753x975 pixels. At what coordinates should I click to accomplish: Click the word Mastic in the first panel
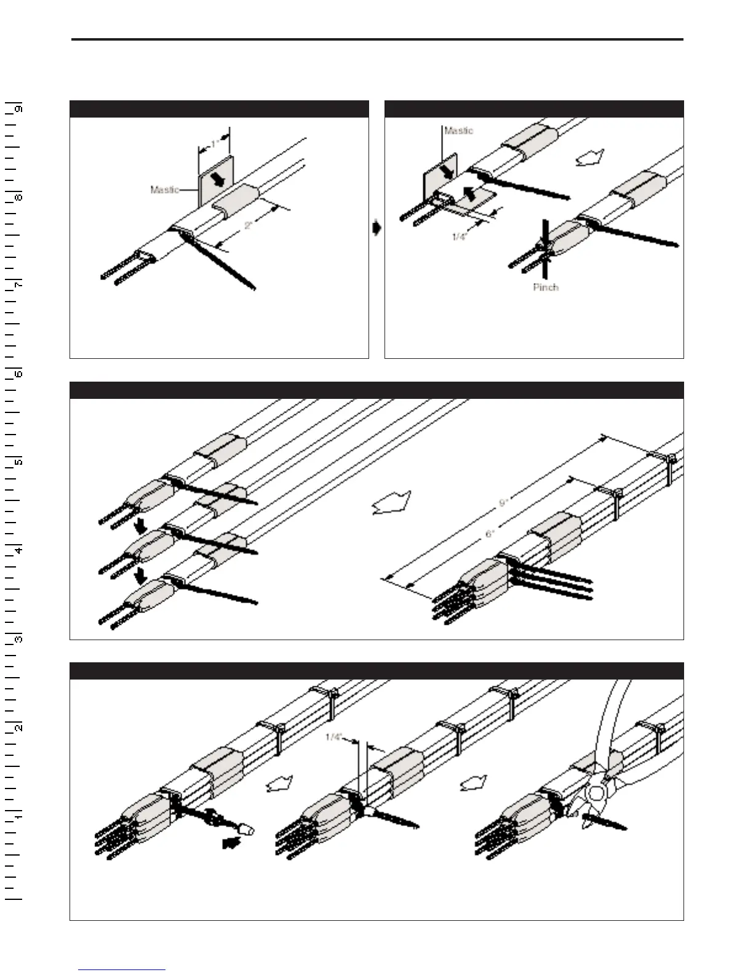coord(164,190)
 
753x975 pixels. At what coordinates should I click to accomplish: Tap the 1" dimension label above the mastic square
coord(214,144)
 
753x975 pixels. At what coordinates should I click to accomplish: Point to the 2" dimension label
coord(249,225)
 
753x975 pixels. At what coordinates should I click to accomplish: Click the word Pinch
coord(546,287)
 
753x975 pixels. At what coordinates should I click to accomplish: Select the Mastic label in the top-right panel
coord(459,130)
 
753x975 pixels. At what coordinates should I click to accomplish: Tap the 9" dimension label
coord(503,503)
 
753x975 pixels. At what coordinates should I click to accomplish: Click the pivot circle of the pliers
coord(595,793)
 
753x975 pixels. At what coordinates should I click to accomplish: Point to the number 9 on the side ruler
coord(19,109)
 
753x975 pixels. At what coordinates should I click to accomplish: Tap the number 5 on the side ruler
coord(19,462)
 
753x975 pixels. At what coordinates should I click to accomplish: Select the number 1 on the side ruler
coord(19,816)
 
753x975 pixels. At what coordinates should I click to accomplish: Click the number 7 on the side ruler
coord(19,286)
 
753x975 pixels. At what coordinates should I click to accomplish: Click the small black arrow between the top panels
coord(376,228)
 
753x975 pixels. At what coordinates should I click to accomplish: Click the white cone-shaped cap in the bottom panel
coord(247,829)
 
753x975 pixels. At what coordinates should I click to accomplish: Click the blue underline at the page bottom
coord(122,969)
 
